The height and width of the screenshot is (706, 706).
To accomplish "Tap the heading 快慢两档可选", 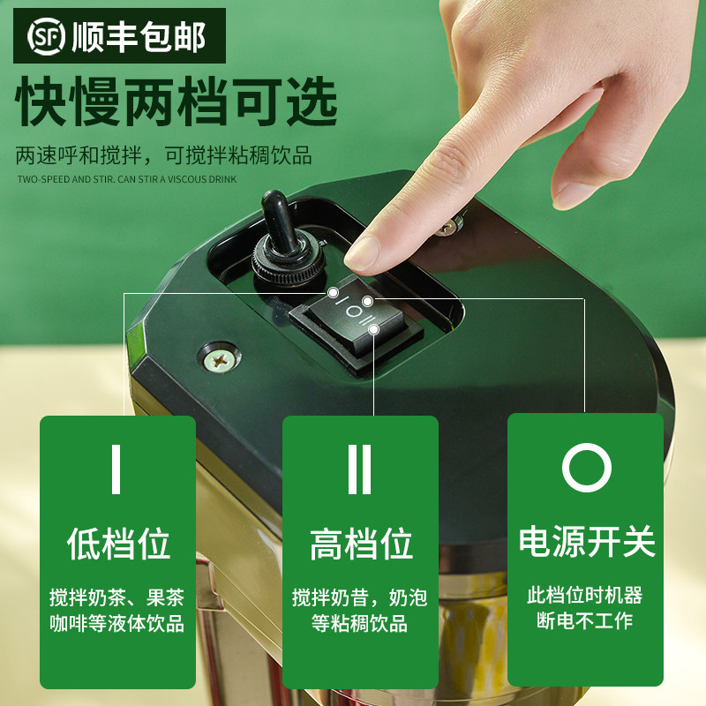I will tap(176, 103).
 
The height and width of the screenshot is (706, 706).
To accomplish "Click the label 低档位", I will tap(117, 543).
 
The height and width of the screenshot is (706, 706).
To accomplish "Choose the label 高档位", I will tap(361, 545).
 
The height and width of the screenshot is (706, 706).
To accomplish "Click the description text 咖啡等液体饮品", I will tap(117, 623).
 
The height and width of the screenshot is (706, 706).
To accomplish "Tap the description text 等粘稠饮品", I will tap(361, 623).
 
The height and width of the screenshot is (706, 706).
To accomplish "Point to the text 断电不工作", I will tap(586, 620).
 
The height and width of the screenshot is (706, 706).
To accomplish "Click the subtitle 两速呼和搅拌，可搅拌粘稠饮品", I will tap(164, 156).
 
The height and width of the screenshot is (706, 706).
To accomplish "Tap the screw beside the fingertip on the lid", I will tap(447, 227).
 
